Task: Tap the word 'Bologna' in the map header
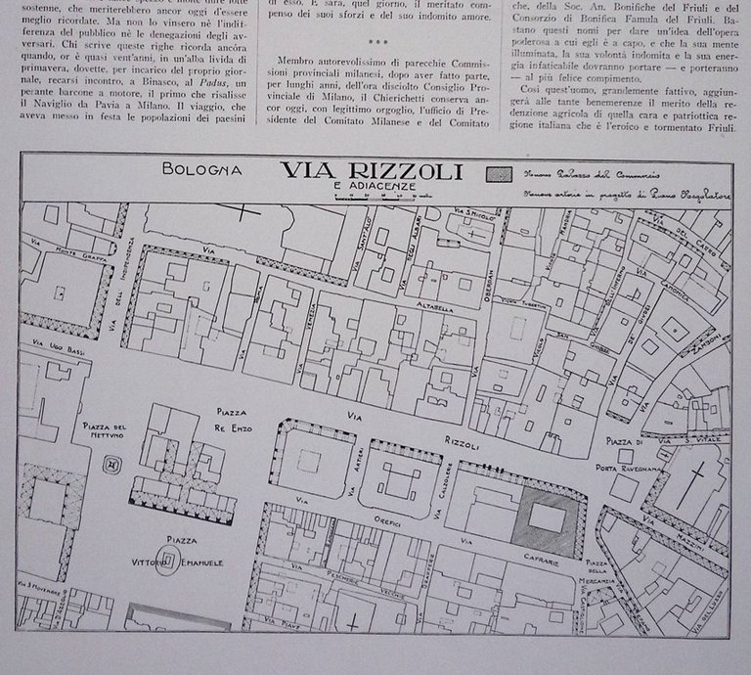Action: pyautogui.click(x=203, y=168)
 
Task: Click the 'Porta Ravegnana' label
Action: pyautogui.click(x=635, y=468)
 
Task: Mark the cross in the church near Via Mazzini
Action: pyautogui.click(x=698, y=484)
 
